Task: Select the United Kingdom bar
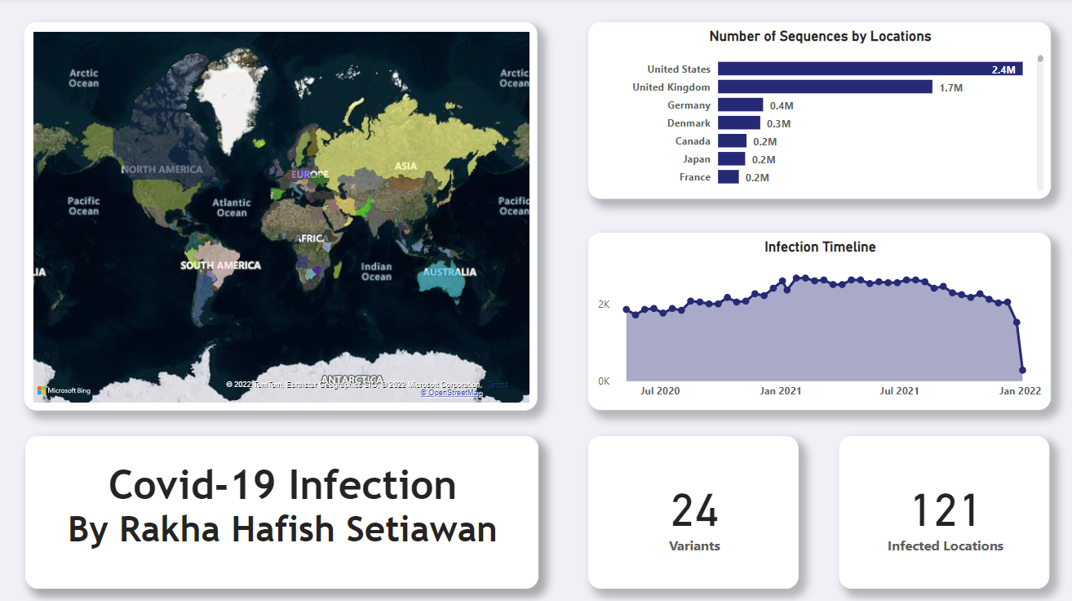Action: (x=825, y=87)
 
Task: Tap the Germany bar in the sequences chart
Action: (x=740, y=105)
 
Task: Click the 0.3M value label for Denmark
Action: (x=779, y=124)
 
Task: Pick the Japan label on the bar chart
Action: (x=697, y=159)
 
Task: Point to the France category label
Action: (x=695, y=177)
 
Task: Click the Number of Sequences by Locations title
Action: (x=820, y=37)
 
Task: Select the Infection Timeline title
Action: (x=820, y=247)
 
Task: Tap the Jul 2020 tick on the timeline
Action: (x=660, y=391)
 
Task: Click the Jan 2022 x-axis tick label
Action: (x=1021, y=391)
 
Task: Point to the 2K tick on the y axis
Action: (x=604, y=305)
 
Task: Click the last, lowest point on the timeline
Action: (x=1022, y=370)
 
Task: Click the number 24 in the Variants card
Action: (x=694, y=511)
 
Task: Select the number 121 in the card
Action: (x=945, y=511)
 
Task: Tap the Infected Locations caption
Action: (x=945, y=546)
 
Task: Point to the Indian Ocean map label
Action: (x=376, y=271)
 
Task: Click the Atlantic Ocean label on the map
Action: (x=232, y=207)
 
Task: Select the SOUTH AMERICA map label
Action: (x=220, y=265)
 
